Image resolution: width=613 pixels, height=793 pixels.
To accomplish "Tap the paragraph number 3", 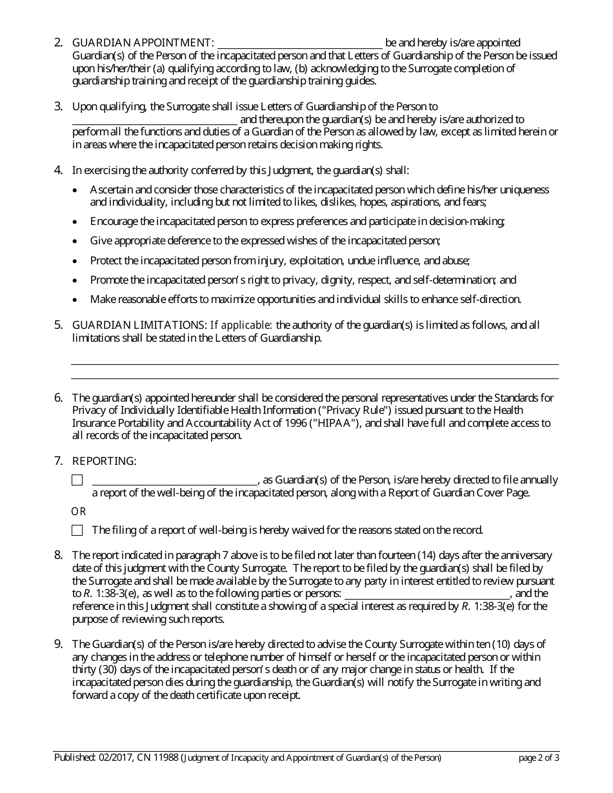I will click(59, 106).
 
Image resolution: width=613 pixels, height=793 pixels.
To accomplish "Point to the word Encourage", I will click(113, 222).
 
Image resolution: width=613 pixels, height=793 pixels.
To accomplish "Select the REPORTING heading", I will click(104, 462).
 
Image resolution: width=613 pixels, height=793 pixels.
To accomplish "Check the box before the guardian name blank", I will click(77, 480).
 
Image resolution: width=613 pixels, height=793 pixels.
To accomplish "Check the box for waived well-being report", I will click(77, 531).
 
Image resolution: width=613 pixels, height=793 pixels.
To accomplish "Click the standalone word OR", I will click(78, 512).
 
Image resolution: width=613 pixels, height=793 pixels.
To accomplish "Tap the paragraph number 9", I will click(59, 644).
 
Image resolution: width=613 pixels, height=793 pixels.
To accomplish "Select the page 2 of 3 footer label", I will click(539, 758).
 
